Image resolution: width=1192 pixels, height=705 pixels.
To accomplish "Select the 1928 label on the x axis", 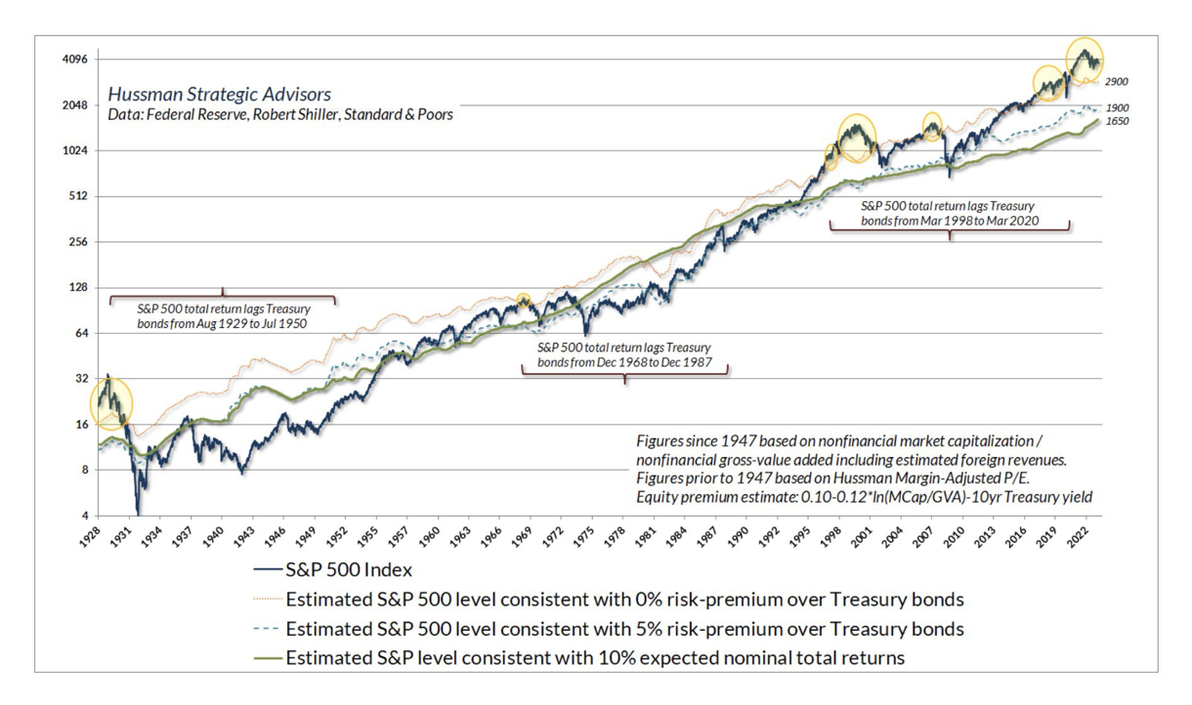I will [x=91, y=539].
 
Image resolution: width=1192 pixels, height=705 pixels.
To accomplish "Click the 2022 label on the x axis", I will [x=1081, y=539].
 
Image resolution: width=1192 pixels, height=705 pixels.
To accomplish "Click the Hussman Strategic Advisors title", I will [x=219, y=95].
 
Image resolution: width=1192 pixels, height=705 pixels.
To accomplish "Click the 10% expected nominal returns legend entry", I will [x=595, y=657].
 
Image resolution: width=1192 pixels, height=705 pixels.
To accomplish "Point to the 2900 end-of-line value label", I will [x=1117, y=82].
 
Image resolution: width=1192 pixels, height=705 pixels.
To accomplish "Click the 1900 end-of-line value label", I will [x=1117, y=107].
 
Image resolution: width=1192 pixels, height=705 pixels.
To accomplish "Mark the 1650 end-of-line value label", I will [x=1117, y=121].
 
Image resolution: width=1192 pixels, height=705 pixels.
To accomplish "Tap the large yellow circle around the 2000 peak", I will [x=857, y=138].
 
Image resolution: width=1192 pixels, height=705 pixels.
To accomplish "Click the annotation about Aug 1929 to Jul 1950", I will [x=222, y=315].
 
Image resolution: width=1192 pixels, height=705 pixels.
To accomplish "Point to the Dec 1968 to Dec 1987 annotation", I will [x=624, y=354].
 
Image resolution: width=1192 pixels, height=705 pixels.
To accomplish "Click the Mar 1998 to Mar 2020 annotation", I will [x=948, y=214].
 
